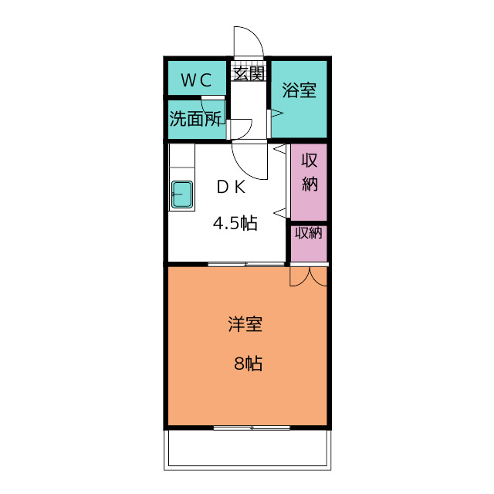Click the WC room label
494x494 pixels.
(196, 80)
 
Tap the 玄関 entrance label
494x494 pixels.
(249, 74)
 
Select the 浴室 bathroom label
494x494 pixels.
(299, 90)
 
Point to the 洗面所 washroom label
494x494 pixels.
(195, 118)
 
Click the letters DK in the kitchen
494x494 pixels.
(232, 188)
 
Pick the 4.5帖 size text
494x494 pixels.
(235, 223)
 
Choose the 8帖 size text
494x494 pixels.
(249, 364)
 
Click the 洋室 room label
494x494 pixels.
(245, 324)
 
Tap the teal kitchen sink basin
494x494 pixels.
(182, 195)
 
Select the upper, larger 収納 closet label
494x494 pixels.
(310, 172)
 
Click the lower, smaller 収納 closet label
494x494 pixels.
(309, 233)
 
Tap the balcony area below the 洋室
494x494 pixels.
(247, 449)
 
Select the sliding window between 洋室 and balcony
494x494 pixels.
(252, 428)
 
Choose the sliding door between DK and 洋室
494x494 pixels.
(246, 264)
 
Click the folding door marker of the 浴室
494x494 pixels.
(275, 113)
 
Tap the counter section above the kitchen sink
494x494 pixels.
(182, 156)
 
